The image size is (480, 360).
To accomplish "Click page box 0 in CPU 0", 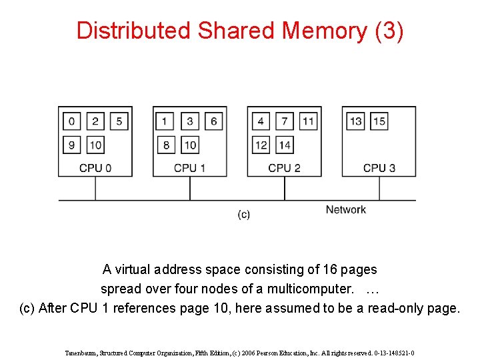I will pos(71,121).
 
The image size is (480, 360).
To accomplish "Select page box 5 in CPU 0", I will pos(119,121).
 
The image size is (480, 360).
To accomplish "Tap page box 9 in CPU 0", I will pos(71,145).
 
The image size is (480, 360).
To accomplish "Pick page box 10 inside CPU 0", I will pos(95,145).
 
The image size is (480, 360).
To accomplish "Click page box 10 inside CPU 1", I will pos(190,145).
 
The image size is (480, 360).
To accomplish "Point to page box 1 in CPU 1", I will pos(165,121).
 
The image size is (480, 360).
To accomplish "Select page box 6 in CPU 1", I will pos(213,121).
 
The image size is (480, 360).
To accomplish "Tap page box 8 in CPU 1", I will pos(165,145).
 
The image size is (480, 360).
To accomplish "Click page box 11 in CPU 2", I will pos(308,121).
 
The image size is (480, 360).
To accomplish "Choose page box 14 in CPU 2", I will pos(285,145).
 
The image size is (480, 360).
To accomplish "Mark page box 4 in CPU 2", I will pos(261,121).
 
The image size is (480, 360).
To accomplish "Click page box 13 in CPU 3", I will pos(356,121).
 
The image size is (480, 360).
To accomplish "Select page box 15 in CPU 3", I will pos(379,121).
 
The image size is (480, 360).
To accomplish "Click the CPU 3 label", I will pos(379,168).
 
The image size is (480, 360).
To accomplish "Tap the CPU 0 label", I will pos(95,168).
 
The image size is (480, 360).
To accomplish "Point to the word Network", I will pos(345,210).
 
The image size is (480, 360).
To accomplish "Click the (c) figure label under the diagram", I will pos(244,215).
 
